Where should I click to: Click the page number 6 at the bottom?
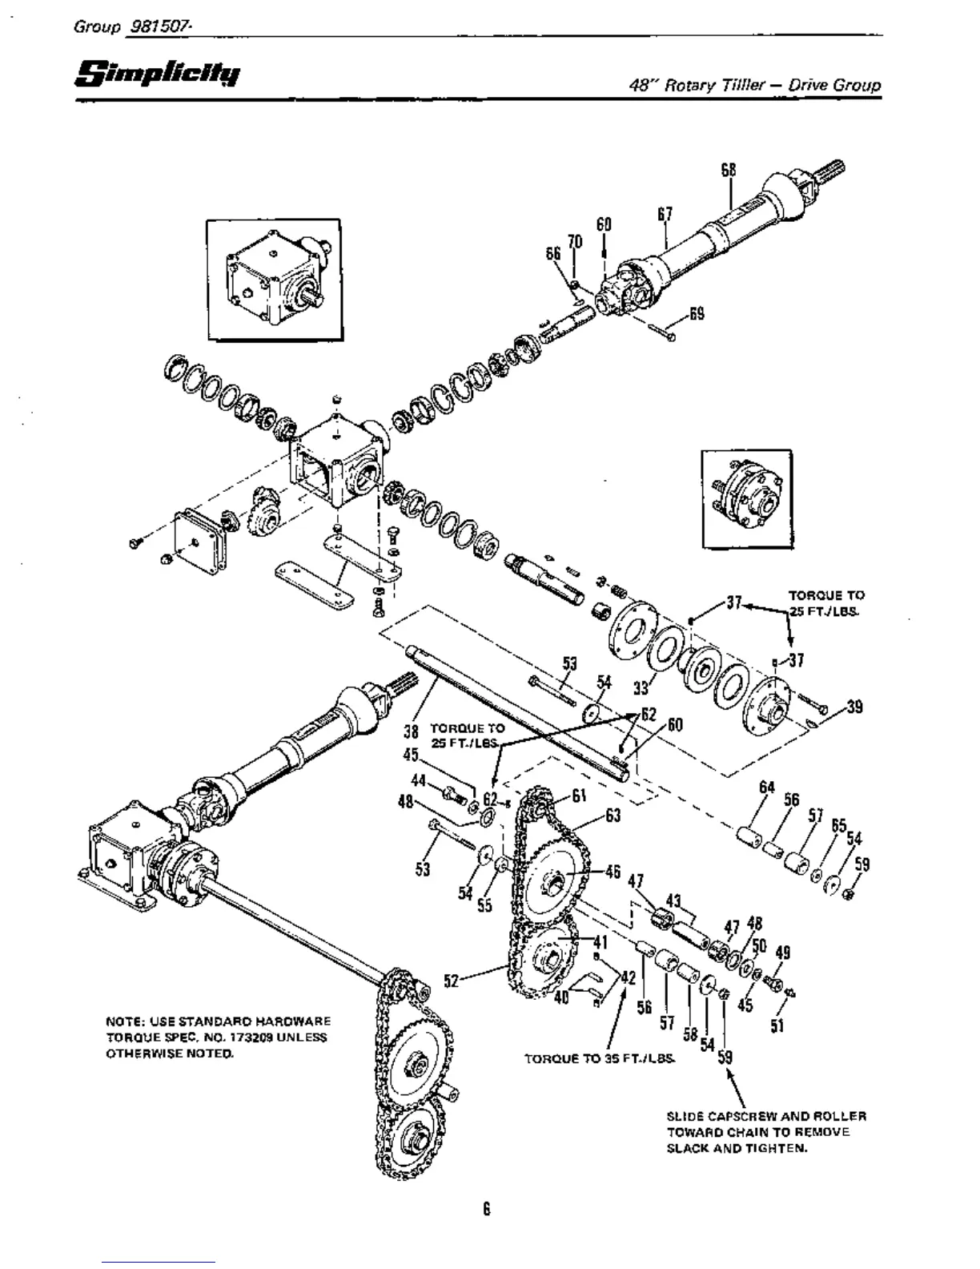tap(486, 1208)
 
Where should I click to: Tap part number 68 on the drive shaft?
tap(728, 171)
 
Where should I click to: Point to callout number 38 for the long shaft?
tap(412, 731)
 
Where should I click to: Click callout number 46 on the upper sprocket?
tap(612, 871)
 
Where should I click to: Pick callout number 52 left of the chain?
tap(452, 979)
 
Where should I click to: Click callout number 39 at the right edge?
tap(854, 707)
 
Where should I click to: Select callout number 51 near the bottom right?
tap(777, 1025)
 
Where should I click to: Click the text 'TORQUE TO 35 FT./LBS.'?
tap(600, 1058)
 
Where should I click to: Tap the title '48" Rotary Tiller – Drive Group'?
tap(755, 85)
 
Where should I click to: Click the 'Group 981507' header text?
tap(131, 26)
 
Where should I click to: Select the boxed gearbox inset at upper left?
tap(275, 280)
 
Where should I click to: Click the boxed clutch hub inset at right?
tap(751, 499)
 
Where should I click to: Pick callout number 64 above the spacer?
tap(766, 788)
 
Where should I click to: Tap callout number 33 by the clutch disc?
tap(641, 687)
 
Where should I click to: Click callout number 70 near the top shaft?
tap(574, 243)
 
